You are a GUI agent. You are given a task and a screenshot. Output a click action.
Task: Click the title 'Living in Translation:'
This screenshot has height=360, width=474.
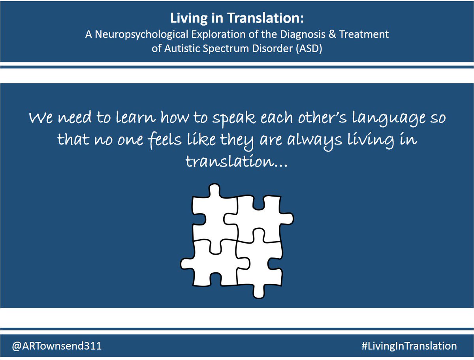point(237,19)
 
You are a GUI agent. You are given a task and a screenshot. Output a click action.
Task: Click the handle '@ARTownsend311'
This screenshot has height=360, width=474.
point(51,346)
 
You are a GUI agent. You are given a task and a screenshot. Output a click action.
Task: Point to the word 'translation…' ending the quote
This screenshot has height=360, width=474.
point(236,161)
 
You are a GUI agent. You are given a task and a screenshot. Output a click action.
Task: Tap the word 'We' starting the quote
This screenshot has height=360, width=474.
point(41,118)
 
